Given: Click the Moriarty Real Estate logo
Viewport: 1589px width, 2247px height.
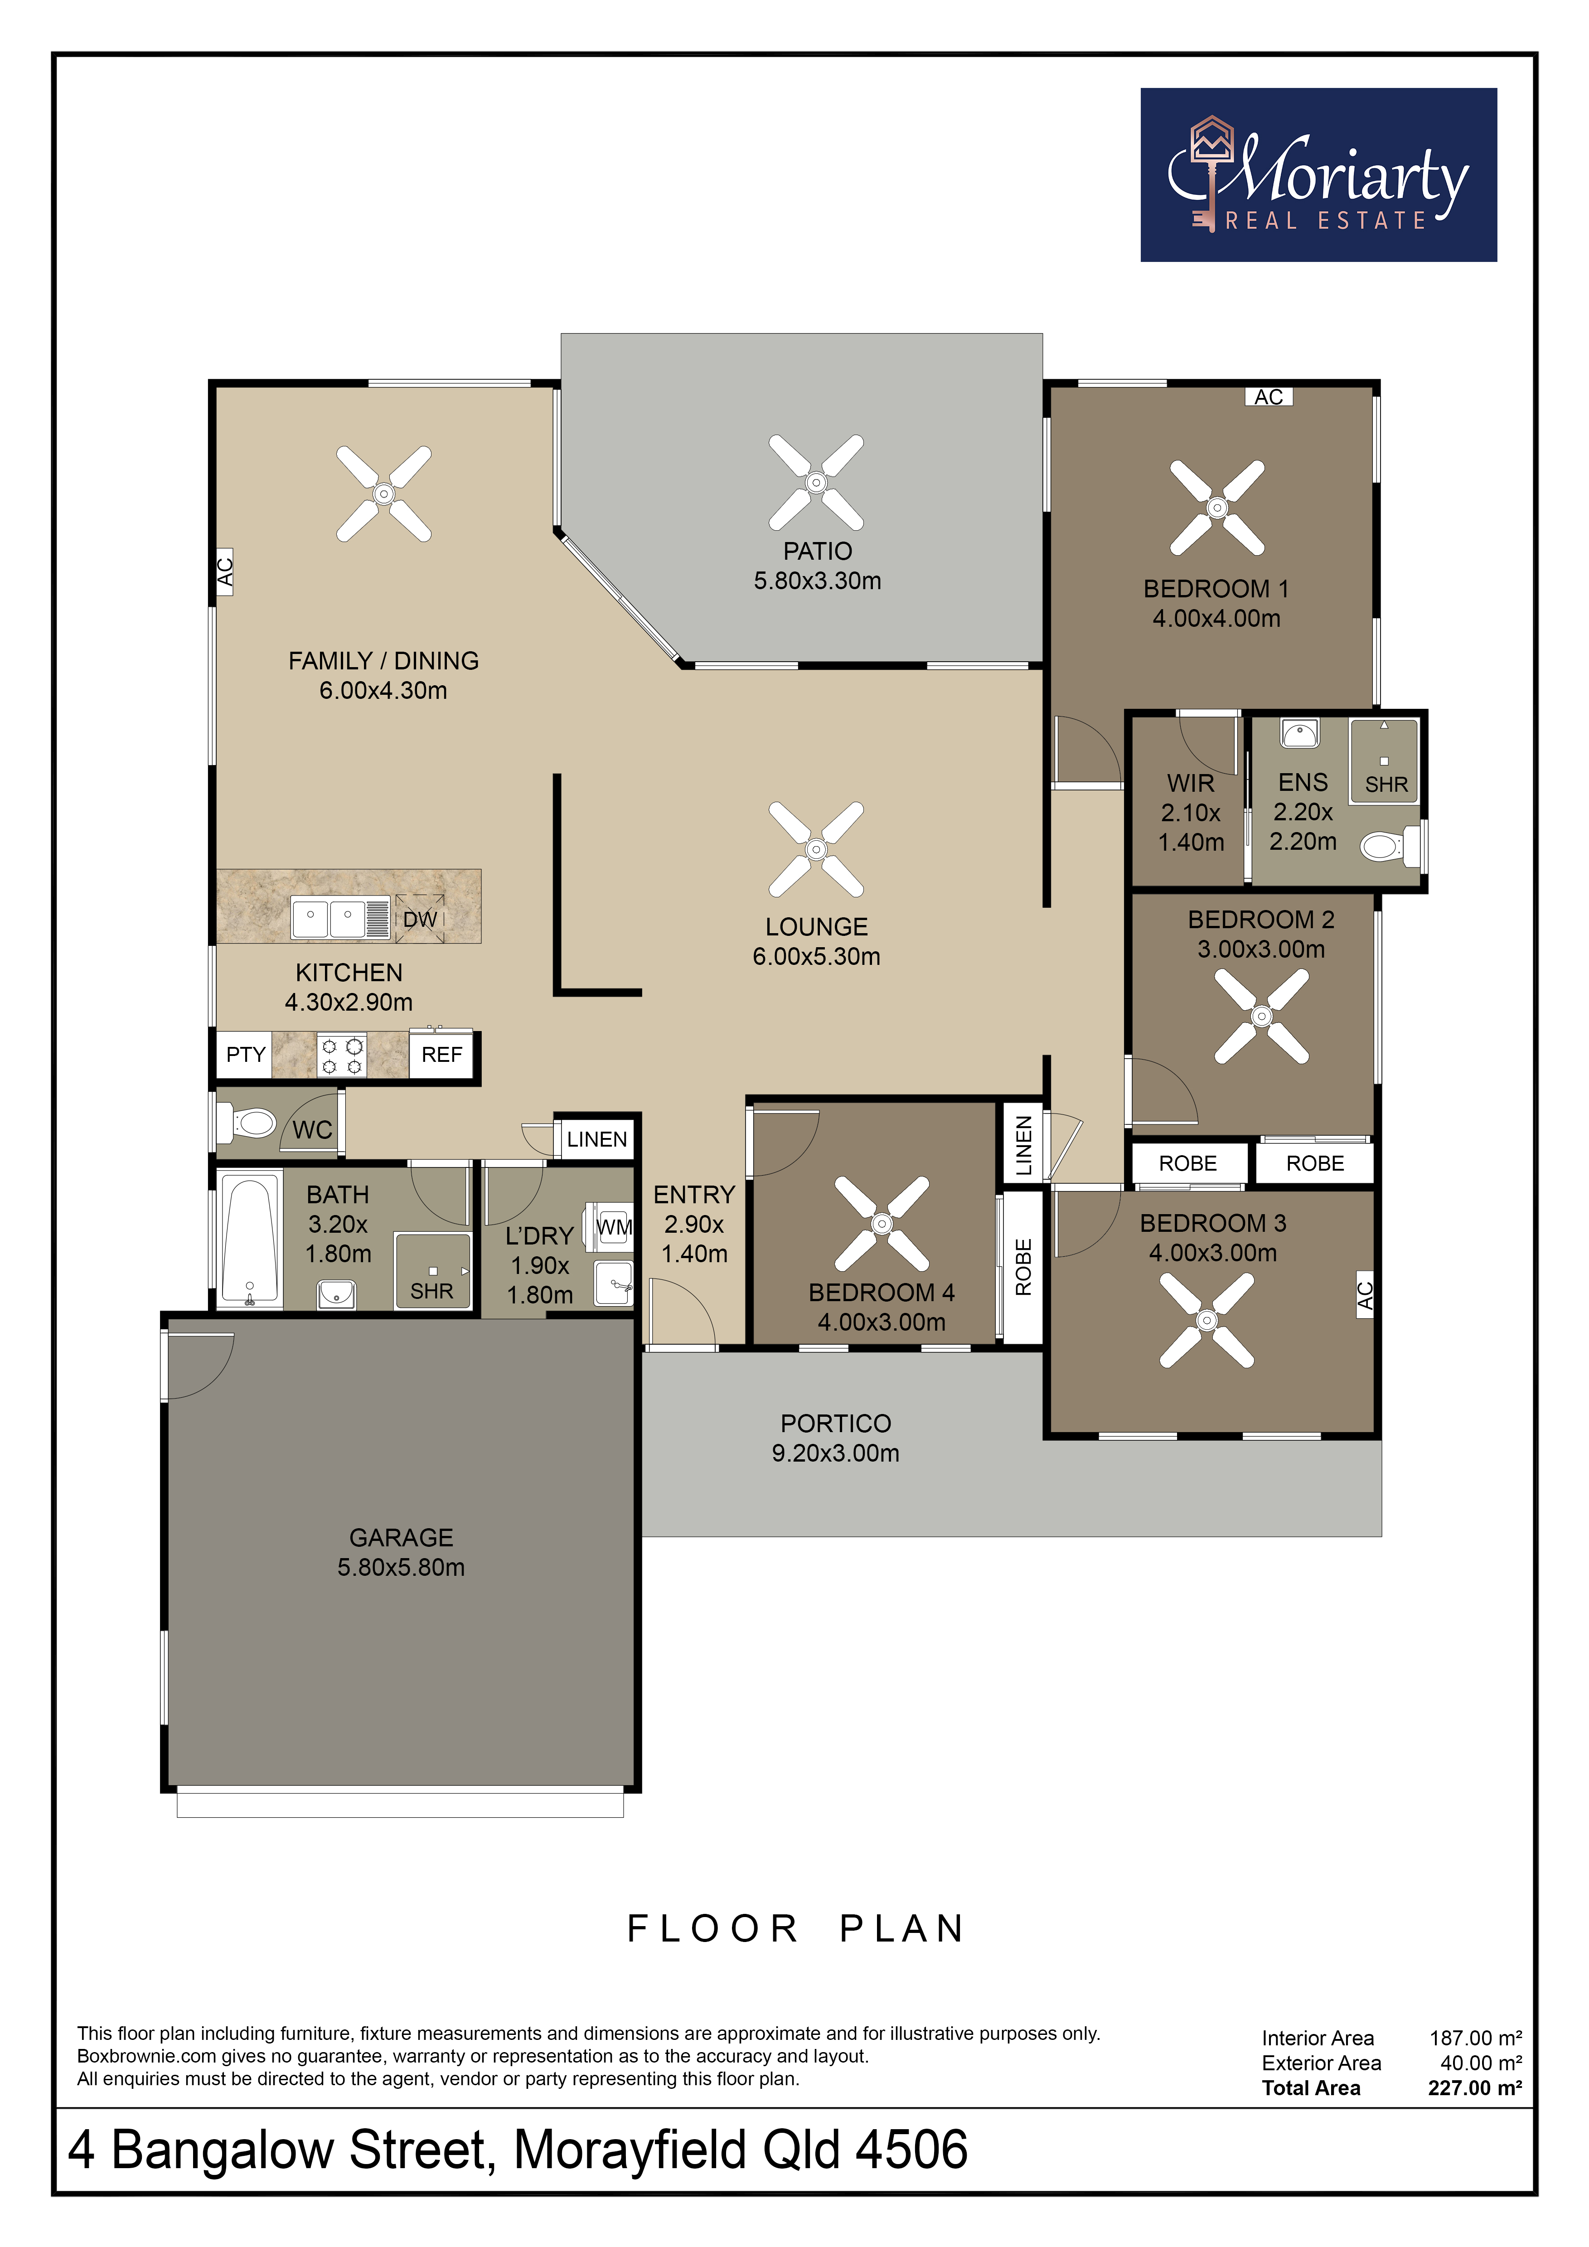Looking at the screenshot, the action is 1318,175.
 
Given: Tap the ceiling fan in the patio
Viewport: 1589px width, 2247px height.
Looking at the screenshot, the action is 816,483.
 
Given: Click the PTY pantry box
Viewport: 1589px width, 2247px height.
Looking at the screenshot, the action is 245,1055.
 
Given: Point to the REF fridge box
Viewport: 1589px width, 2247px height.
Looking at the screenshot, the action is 441,1055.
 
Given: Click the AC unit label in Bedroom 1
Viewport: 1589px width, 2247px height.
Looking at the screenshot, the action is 1269,397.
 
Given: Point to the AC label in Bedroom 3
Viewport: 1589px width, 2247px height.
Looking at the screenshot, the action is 1366,1295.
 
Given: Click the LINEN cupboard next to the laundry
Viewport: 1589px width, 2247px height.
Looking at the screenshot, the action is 597,1139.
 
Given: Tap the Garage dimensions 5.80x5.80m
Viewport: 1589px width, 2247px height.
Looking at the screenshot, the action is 401,1567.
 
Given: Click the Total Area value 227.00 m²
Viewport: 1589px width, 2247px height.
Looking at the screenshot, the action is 1474,2087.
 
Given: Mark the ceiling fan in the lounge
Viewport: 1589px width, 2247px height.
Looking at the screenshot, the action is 816,849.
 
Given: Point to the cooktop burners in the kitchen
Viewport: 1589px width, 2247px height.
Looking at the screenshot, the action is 341,1056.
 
